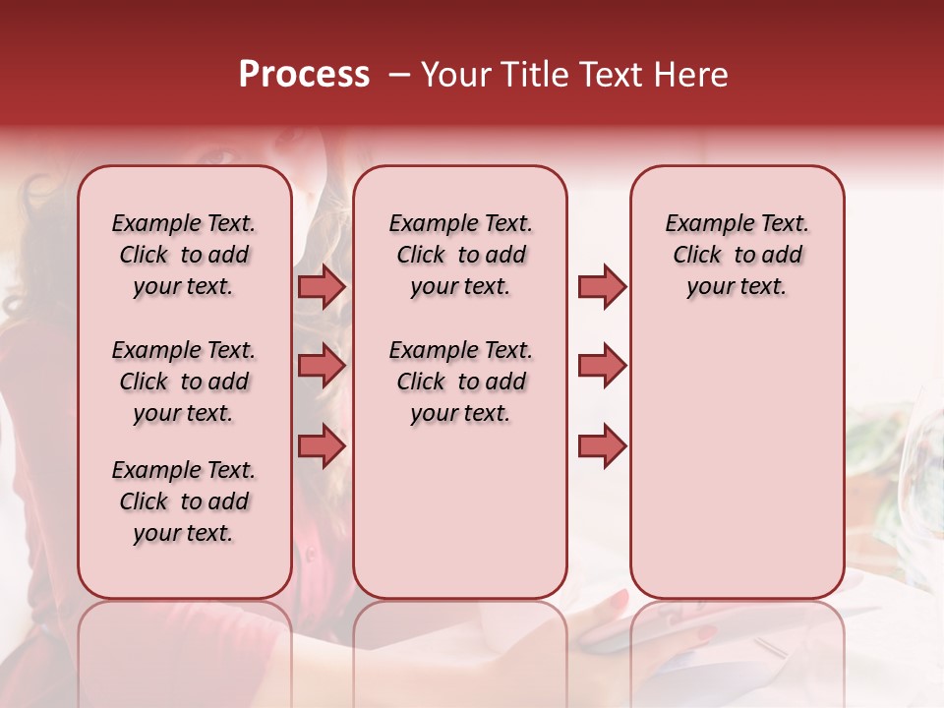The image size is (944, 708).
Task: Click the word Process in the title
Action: click(x=304, y=75)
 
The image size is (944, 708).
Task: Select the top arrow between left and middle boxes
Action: click(x=322, y=286)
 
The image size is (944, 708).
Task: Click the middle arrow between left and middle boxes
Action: click(x=322, y=366)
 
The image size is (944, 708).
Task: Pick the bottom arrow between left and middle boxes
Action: click(x=322, y=446)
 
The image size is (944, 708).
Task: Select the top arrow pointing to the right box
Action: click(x=602, y=286)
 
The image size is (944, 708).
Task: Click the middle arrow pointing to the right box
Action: click(x=602, y=366)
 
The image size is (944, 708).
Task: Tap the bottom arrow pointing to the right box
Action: click(x=602, y=446)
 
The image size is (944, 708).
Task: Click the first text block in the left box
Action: click(x=184, y=255)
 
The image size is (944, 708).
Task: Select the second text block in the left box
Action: click(x=184, y=382)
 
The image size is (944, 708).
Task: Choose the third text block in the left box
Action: click(x=184, y=501)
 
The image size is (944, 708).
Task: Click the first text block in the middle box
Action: click(x=460, y=255)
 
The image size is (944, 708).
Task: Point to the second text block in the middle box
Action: click(x=460, y=382)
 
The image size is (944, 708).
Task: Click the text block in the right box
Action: click(x=737, y=255)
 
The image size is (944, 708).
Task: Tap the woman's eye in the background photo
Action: click(x=218, y=156)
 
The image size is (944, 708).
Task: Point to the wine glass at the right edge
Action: click(x=927, y=442)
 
